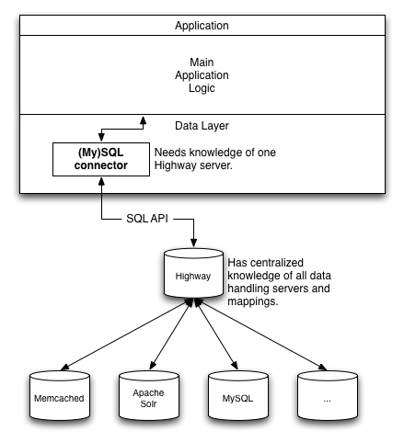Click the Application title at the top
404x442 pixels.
202,26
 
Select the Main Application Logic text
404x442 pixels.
202,75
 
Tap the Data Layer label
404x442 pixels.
202,126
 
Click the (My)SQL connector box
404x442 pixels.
101,159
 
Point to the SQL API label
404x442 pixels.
147,219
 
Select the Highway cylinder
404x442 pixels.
193,273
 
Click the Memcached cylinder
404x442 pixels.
60,395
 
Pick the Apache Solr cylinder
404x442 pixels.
149,395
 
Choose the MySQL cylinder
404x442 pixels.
238,395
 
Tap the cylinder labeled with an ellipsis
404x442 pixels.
328,395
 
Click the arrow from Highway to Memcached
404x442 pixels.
127,334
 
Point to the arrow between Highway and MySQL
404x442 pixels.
216,334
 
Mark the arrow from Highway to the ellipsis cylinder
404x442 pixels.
261,334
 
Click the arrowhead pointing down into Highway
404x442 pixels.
193,244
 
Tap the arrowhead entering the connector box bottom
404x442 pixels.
101,181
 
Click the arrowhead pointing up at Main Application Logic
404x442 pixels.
143,120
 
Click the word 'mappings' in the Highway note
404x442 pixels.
253,301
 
